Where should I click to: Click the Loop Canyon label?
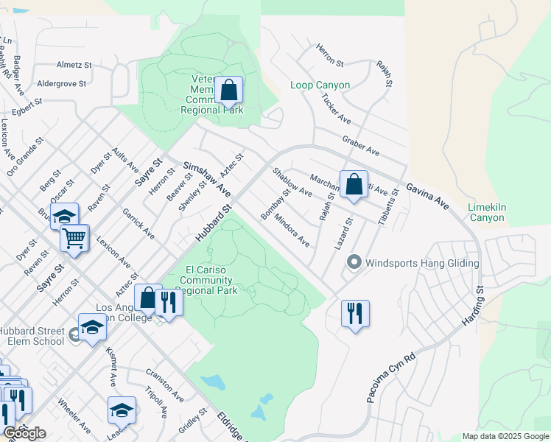320,85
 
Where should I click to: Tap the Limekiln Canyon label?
486,212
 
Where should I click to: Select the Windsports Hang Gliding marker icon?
354,262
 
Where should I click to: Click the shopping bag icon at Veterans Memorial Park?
229,91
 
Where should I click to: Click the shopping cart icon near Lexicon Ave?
74,238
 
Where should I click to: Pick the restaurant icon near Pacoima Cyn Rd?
355,313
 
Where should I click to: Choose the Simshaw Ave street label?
207,179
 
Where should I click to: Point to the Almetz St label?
73,65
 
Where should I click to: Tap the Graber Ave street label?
360,145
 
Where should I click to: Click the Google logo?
24,433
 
